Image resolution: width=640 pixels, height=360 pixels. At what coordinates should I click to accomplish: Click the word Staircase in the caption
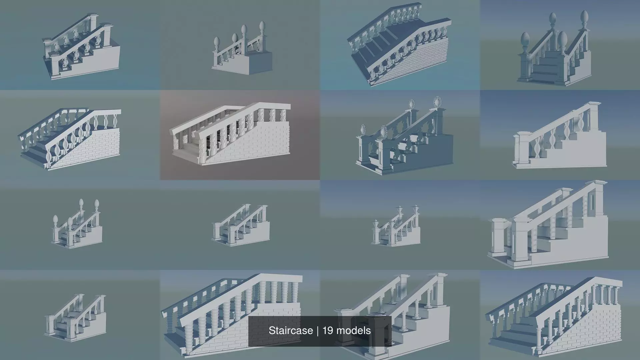290,331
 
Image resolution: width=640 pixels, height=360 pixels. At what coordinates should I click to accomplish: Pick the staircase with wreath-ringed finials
403,140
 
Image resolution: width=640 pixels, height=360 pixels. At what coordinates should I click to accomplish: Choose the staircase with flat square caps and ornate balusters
82,48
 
